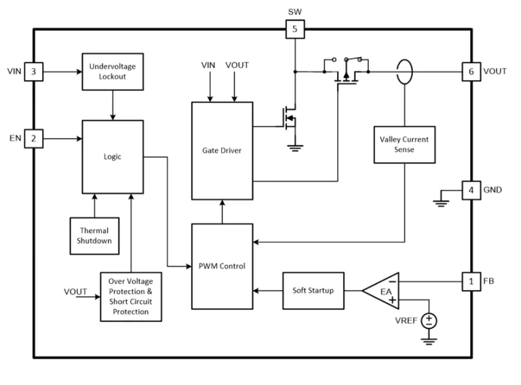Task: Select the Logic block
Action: (x=112, y=157)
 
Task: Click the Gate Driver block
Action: (x=222, y=149)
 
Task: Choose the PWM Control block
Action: (x=222, y=265)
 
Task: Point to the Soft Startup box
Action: (x=312, y=291)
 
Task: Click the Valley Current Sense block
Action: (x=404, y=144)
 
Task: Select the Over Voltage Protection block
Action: (x=132, y=297)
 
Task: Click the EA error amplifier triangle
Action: (x=381, y=291)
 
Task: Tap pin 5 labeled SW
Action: (x=294, y=29)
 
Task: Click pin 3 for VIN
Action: (x=34, y=71)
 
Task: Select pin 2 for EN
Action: (x=34, y=139)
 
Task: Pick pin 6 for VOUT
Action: (x=470, y=71)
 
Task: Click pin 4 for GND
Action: (x=470, y=189)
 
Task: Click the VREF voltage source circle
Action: (x=428, y=320)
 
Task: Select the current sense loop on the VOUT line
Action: (x=404, y=71)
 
